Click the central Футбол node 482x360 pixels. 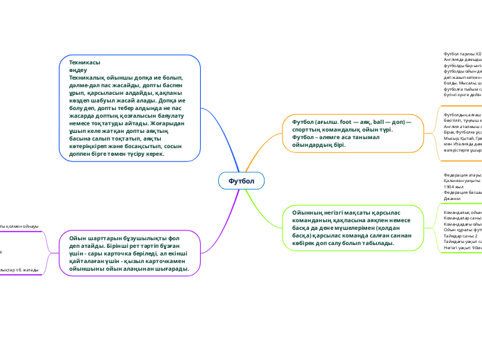coord(242,181)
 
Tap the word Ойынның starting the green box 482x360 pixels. coord(309,213)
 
